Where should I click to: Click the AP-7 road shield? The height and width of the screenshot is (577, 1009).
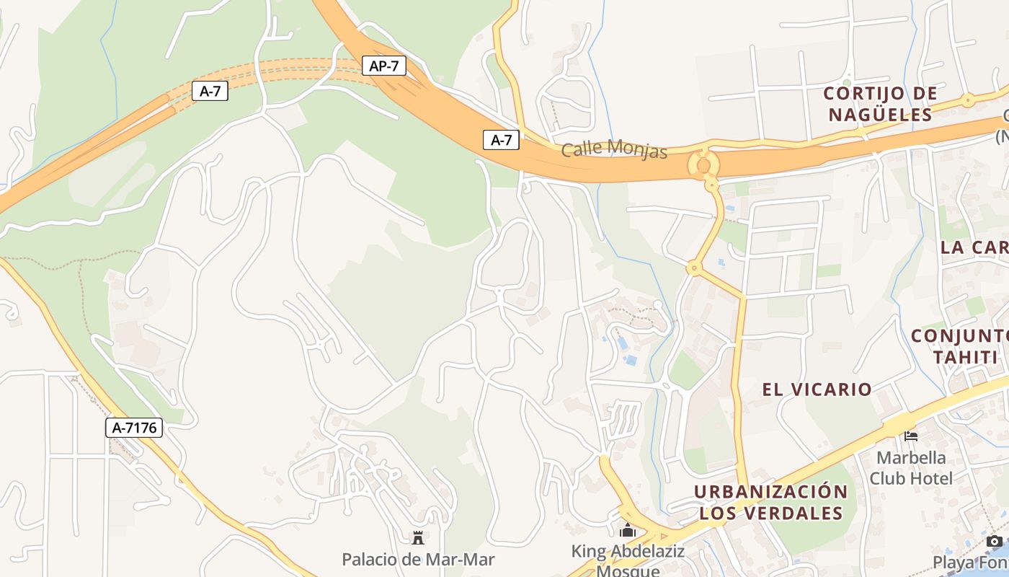point(384,66)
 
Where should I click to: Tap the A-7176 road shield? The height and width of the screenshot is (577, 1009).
point(135,428)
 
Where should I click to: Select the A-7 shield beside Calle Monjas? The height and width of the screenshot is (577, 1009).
point(501,140)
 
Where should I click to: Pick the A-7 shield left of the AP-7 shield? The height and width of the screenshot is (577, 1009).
point(210,91)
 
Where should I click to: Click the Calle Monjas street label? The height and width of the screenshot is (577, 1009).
point(614,149)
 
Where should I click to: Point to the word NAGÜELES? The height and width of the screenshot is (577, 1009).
point(879,115)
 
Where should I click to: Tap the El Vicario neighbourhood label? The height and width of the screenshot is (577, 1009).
point(817,389)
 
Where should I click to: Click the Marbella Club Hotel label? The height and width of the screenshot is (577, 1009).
point(911,468)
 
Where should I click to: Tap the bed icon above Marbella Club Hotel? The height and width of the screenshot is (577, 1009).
point(911,436)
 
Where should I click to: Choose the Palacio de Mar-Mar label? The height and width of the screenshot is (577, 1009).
point(418,559)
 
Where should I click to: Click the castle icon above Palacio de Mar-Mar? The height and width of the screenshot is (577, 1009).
point(417,537)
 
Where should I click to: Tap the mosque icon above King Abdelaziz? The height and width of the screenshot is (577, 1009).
point(628,531)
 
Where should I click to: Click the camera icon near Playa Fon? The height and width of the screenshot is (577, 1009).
point(995,541)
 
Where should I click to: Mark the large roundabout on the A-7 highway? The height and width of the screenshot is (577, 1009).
point(703,165)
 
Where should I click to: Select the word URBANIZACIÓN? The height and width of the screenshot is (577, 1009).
point(770,492)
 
